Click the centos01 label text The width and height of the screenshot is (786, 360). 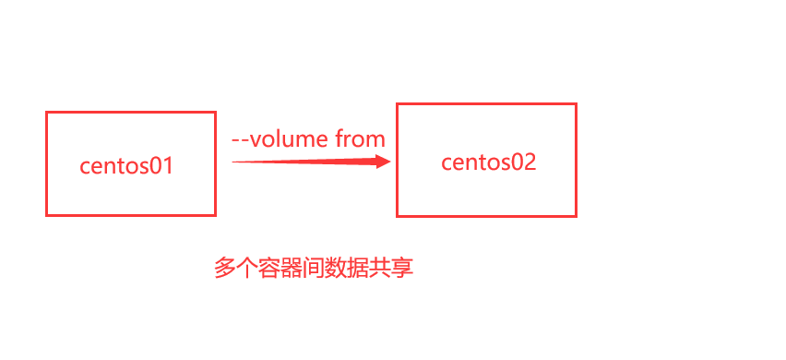[126, 167]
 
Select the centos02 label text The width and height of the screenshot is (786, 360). [488, 162]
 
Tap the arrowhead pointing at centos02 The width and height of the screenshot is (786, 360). [383, 162]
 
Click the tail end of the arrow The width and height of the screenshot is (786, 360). [234, 162]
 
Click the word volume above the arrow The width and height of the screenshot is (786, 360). [290, 139]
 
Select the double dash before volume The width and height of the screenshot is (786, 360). [240, 140]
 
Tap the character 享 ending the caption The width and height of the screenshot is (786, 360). [402, 269]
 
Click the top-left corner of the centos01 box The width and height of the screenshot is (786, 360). [47, 114]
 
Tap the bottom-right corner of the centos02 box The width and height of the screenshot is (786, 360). [576, 216]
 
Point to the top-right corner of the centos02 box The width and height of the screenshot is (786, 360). [576, 104]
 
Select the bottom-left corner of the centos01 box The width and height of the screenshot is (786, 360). [47, 214]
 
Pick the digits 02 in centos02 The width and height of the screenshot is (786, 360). [522, 162]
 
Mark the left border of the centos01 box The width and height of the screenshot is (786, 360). [47, 164]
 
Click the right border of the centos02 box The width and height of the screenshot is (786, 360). [576, 161]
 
